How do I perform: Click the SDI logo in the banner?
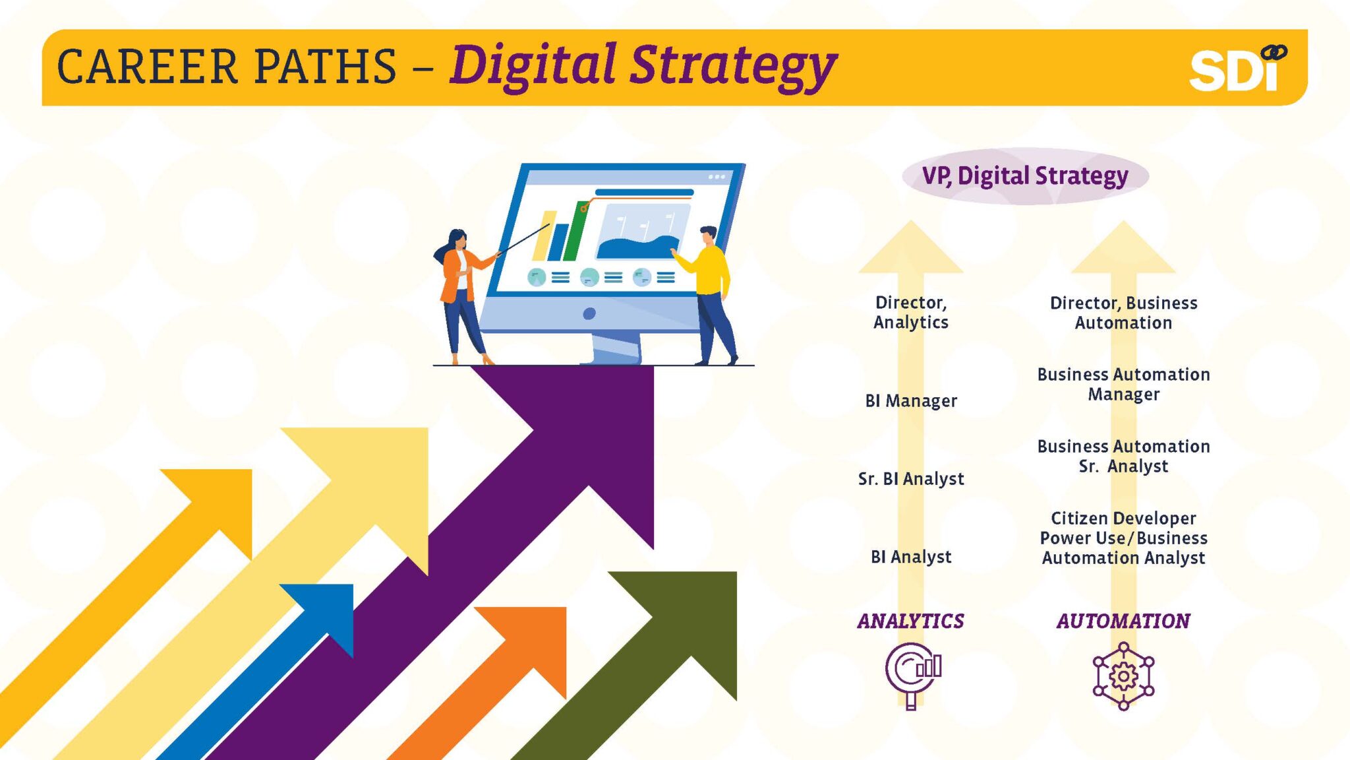[1237, 68]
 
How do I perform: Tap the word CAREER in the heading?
[147, 67]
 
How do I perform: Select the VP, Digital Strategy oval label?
[1025, 175]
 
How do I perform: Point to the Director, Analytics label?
[911, 312]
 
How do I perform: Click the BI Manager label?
[911, 400]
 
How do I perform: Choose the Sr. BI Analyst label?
[911, 478]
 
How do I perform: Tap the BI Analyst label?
[911, 557]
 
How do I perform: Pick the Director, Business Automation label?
[1124, 313]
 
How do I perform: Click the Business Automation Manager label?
[1124, 384]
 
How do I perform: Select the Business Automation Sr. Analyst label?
[1124, 456]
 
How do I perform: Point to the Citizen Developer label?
[1124, 518]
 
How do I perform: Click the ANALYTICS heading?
[911, 621]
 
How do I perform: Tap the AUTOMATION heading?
[1124, 621]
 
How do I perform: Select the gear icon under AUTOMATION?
[1124, 676]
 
